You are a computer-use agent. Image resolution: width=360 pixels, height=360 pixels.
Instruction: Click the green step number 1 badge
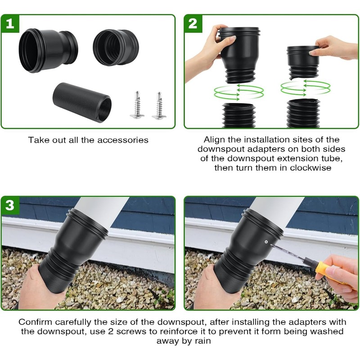click(10, 23)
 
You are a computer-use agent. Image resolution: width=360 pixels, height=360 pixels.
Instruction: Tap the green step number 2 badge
click(193, 23)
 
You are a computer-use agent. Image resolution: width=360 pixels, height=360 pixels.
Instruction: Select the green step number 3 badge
click(10, 205)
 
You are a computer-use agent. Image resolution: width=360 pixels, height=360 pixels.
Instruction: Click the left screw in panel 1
click(137, 105)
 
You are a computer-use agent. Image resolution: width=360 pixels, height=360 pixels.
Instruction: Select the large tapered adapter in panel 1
click(48, 49)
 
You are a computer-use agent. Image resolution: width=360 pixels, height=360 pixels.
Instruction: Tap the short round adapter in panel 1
click(116, 47)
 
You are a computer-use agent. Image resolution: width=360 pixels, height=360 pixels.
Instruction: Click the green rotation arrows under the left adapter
click(238, 92)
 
